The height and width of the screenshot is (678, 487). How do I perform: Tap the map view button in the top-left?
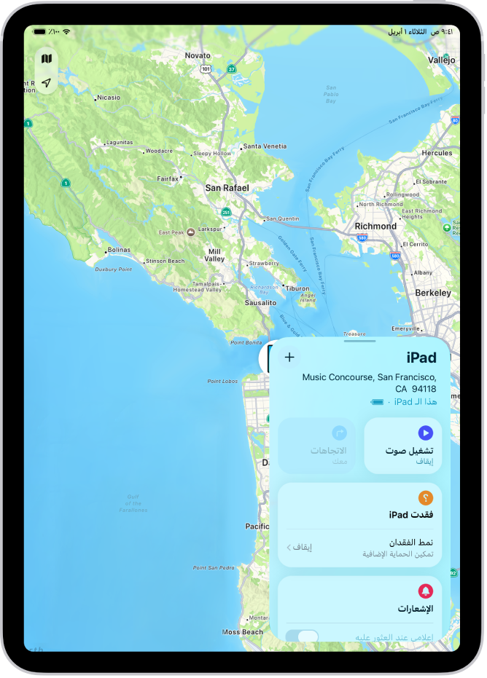pos(47,59)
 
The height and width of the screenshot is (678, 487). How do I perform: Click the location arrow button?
pos(47,82)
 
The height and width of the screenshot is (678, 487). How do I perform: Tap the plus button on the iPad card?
pos(289,357)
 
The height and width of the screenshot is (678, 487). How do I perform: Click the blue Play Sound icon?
pos(426,433)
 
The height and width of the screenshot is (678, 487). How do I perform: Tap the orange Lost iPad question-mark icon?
pos(426,498)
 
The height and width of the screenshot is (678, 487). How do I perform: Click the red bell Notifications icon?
pos(426,591)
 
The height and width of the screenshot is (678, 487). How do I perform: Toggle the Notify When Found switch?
pos(303,636)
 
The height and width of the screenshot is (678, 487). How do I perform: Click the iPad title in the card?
pos(421,358)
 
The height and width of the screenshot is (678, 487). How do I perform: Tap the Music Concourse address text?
pos(370,383)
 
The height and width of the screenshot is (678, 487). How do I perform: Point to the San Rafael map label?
pos(227,188)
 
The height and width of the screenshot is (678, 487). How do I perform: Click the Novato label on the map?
pos(197,55)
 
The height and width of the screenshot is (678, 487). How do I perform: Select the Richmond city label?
pos(375,226)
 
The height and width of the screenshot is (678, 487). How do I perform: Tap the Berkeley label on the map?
pos(432,293)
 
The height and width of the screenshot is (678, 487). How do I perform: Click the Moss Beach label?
pos(242,632)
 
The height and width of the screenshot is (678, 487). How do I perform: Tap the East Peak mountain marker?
pos(190,232)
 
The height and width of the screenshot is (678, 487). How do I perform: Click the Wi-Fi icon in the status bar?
pos(66,32)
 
